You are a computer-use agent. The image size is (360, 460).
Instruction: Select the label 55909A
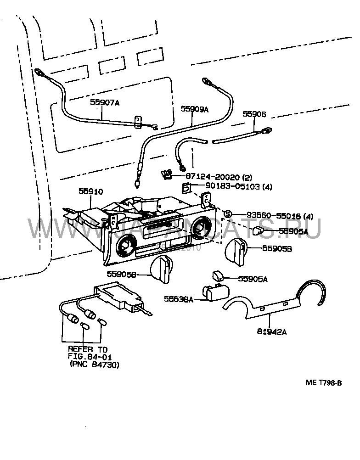[x=194, y=109]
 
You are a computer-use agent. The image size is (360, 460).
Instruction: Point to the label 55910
[x=90, y=191]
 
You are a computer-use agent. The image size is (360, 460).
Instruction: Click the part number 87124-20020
[x=212, y=177]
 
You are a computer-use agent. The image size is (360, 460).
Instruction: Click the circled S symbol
[x=227, y=214]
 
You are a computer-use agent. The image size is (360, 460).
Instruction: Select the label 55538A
[x=179, y=299]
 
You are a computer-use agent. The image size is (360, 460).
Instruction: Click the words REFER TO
[x=87, y=349]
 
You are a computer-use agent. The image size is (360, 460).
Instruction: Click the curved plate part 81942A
[x=276, y=303]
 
